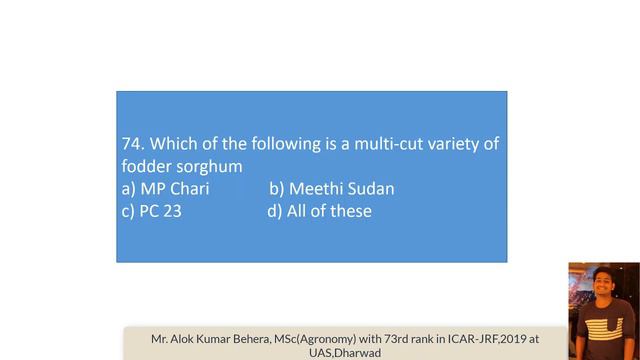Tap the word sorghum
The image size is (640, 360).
pyautogui.click(x=207, y=167)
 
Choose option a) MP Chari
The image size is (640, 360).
pyautogui.click(x=165, y=189)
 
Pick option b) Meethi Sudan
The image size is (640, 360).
pyautogui.click(x=332, y=189)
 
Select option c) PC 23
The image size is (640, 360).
pyautogui.click(x=151, y=211)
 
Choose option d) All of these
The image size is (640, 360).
pyautogui.click(x=320, y=211)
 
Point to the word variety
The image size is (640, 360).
pyautogui.click(x=449, y=145)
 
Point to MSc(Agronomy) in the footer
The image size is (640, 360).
pyautogui.click(x=331, y=338)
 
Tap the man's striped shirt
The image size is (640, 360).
pyautogui.click(x=602, y=335)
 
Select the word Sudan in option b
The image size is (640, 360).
pyautogui.click(x=372, y=189)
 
